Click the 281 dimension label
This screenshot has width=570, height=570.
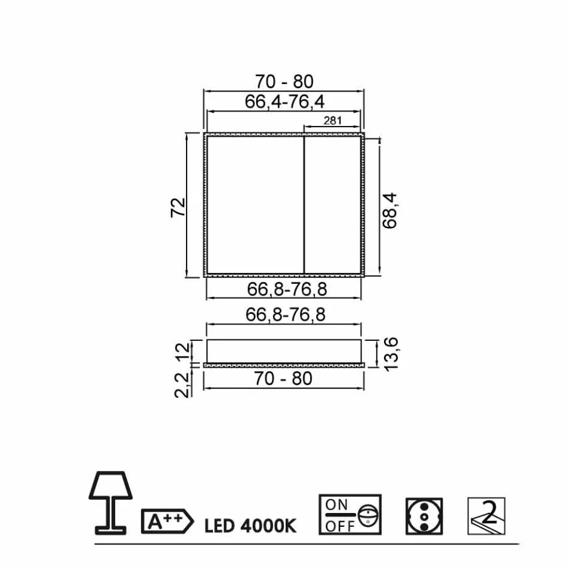pyautogui.click(x=333, y=120)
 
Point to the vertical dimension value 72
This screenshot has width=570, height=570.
pyautogui.click(x=178, y=208)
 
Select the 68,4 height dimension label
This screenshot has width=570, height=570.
pyautogui.click(x=390, y=211)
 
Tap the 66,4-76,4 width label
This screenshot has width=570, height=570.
pyautogui.click(x=284, y=101)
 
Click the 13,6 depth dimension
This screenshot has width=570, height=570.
pyautogui.click(x=391, y=354)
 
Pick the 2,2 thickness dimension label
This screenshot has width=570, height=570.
pyautogui.click(x=183, y=385)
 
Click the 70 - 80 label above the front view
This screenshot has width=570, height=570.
pyautogui.click(x=284, y=82)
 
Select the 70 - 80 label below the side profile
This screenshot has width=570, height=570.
pyautogui.click(x=283, y=378)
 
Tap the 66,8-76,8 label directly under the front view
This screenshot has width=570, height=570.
pyautogui.click(x=287, y=290)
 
